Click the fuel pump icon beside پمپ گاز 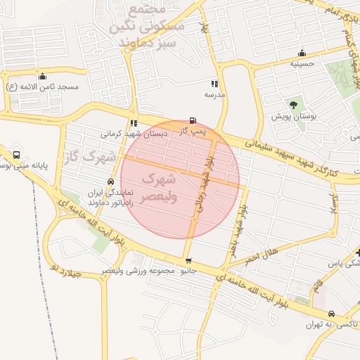193,121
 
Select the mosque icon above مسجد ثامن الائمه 42,76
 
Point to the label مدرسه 214,94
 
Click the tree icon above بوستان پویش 293,104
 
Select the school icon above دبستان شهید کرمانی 134,123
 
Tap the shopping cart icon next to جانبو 187,261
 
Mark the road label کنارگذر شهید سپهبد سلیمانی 291,160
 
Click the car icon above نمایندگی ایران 110,181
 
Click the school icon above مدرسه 214,84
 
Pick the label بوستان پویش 294,115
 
